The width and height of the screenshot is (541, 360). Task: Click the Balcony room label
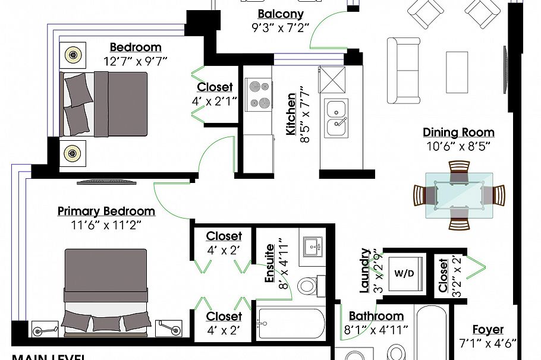[281, 14]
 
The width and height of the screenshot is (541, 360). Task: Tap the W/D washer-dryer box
[404, 274]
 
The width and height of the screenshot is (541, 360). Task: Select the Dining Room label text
[458, 132]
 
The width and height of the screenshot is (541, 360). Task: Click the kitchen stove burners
[259, 94]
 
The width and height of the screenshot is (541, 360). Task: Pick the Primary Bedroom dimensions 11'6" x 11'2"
[106, 225]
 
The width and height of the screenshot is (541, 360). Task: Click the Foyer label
[487, 329]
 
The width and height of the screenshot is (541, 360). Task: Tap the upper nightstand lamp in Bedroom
[73, 55]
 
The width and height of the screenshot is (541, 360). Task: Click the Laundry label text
[365, 270]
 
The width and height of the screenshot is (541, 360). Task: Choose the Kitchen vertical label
[291, 113]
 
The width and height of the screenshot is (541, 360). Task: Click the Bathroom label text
[376, 316]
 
